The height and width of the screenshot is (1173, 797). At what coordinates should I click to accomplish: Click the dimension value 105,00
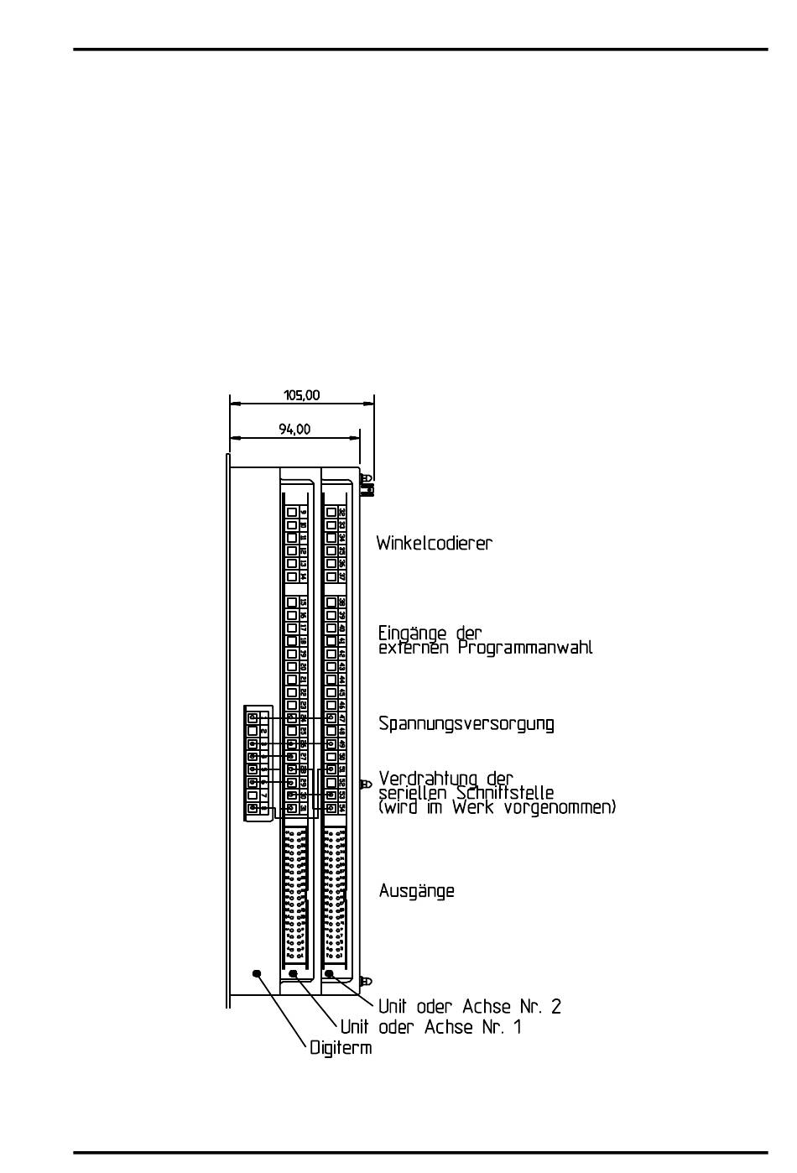[301, 395]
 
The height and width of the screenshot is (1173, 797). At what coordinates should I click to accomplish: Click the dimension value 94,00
[294, 429]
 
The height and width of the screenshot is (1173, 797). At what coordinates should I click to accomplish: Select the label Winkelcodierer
[434, 543]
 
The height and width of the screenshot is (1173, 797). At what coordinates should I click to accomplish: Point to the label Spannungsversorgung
[466, 723]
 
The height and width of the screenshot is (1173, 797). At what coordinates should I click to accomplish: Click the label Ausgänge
[416, 890]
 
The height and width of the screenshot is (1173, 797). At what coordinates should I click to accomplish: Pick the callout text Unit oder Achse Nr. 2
[469, 1006]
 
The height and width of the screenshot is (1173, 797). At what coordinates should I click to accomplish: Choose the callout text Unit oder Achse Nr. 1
[430, 1027]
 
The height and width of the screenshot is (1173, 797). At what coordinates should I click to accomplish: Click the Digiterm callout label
[340, 1048]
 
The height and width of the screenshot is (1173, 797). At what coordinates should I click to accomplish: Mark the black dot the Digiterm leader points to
[257, 973]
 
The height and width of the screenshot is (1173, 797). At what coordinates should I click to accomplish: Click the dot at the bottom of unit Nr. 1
[294, 974]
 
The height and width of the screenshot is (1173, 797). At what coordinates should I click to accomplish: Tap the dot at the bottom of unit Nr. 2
[330, 973]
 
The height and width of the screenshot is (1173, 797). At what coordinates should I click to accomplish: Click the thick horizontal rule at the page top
[419, 50]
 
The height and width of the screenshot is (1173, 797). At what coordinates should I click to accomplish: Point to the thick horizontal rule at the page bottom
[419, 1152]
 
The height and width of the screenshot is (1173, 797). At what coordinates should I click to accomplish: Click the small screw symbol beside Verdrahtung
[365, 785]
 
